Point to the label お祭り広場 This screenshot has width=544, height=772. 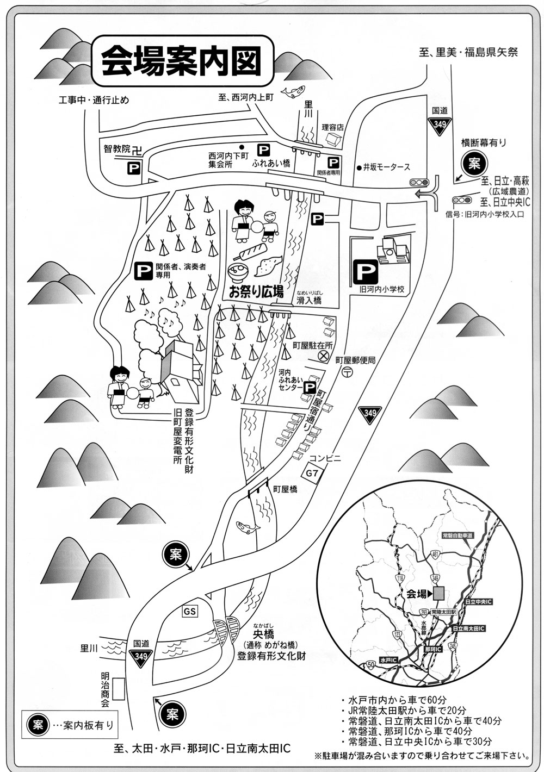tap(256, 292)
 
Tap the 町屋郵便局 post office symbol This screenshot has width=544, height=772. tap(347, 372)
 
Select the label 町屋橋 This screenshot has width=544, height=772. tap(286, 489)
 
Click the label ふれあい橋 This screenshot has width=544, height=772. tap(271, 163)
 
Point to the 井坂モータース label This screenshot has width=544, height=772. tap(387, 167)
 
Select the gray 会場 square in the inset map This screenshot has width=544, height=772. tap(439, 593)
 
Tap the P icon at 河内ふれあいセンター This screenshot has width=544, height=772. tap(309, 387)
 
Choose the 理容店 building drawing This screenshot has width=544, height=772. tap(332, 139)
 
